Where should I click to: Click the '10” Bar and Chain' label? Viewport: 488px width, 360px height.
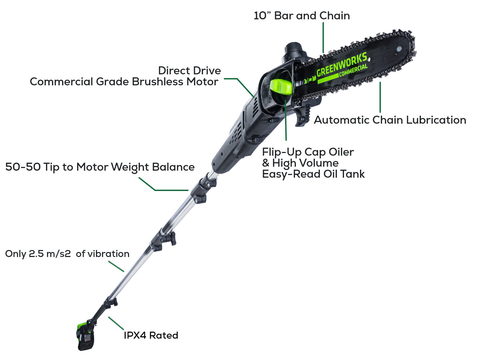pos(302,16)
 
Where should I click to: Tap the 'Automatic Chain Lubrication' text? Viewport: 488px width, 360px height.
pos(390,120)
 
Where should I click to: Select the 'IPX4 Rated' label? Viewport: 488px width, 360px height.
pos(151,335)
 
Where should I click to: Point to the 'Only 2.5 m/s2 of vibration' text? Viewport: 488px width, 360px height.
pos(67,254)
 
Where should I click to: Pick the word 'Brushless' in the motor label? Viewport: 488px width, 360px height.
pos(158,82)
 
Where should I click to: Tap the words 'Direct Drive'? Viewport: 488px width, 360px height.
pos(190,71)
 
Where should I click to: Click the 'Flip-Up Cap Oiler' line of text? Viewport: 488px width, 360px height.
pos(308,152)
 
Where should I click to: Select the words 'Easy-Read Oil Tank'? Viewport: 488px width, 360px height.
pos(313,174)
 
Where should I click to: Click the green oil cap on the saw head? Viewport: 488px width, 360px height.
pos(281,88)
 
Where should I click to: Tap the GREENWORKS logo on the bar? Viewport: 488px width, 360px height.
pos(342,64)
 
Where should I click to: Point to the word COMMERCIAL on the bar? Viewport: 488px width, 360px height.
pos(353,70)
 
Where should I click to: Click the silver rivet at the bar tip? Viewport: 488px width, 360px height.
pos(399,49)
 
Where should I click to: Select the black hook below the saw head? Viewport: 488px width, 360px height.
pos(302,115)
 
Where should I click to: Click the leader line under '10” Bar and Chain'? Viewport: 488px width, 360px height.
pos(323,37)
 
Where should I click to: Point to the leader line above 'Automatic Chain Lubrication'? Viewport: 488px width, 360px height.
pos(380,97)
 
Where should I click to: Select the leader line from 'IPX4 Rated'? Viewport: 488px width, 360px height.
pos(116,323)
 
